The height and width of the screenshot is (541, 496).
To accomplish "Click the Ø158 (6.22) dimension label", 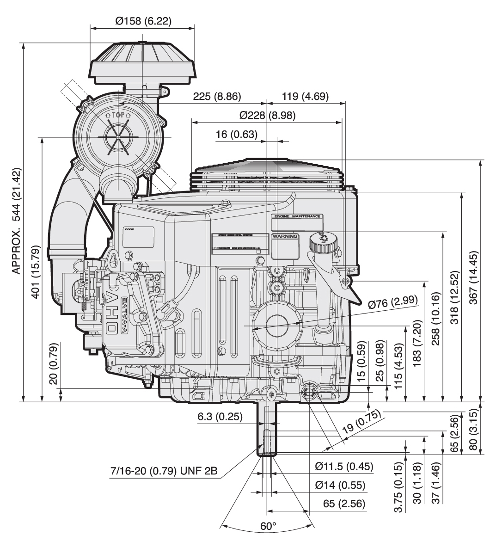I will [x=142, y=20].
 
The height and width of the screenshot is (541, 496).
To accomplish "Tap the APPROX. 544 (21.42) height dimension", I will [x=17, y=221].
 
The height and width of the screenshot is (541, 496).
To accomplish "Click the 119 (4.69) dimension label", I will [x=305, y=96].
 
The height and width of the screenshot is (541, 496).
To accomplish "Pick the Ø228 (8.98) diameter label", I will [x=267, y=116].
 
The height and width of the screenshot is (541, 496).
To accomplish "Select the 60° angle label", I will [x=267, y=526].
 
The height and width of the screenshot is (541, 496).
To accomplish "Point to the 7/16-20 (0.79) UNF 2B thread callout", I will [x=164, y=472].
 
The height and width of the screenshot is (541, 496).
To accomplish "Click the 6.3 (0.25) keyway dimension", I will [x=220, y=417].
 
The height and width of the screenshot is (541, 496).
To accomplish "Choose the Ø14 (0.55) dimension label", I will [x=340, y=485].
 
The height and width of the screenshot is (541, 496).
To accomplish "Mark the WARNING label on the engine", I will [x=285, y=236].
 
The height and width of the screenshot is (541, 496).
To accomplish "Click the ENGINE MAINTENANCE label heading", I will [x=297, y=216].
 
